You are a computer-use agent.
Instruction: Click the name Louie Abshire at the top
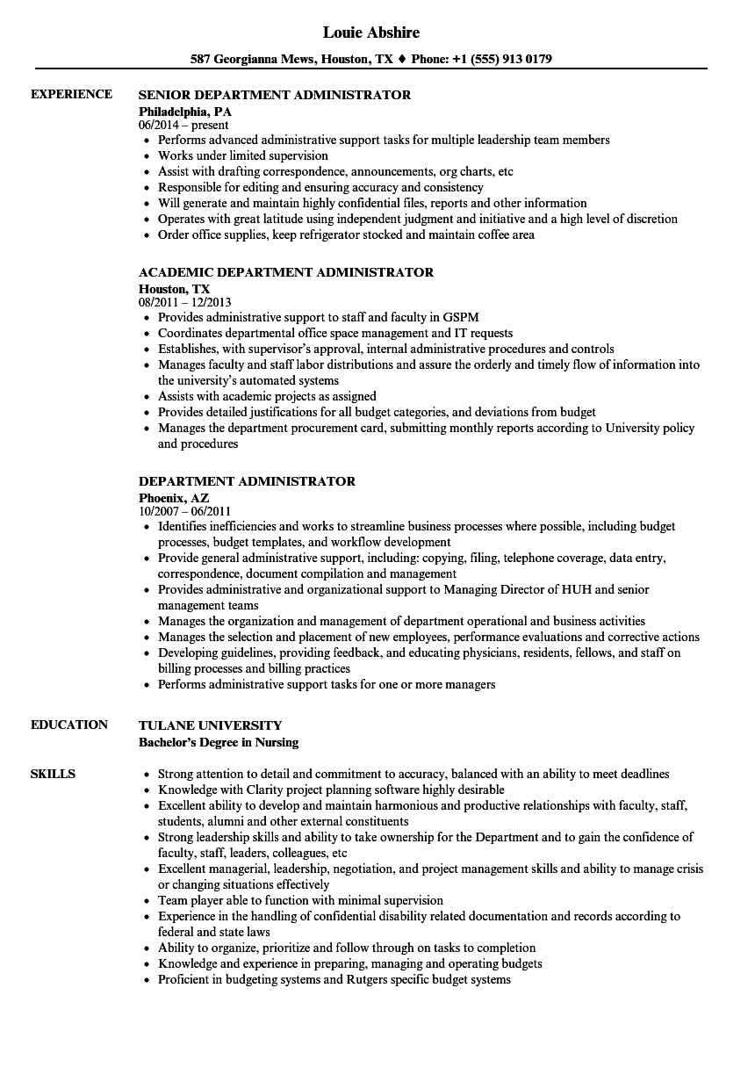[371, 32]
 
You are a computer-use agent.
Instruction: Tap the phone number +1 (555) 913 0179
[502, 60]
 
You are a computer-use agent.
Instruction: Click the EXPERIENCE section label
[71, 94]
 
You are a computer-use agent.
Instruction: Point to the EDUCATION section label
[69, 725]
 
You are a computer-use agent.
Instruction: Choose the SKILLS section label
[53, 774]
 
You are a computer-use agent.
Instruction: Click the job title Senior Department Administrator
[275, 95]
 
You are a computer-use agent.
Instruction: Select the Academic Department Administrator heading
[286, 272]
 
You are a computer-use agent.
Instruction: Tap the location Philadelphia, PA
[185, 112]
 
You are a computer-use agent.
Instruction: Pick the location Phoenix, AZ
[174, 497]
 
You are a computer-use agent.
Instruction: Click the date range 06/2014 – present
[184, 126]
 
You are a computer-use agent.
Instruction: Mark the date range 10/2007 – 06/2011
[185, 512]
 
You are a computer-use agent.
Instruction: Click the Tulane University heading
[211, 725]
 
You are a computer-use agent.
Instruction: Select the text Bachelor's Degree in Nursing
[219, 742]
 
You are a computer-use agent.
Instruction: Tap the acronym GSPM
[460, 317]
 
